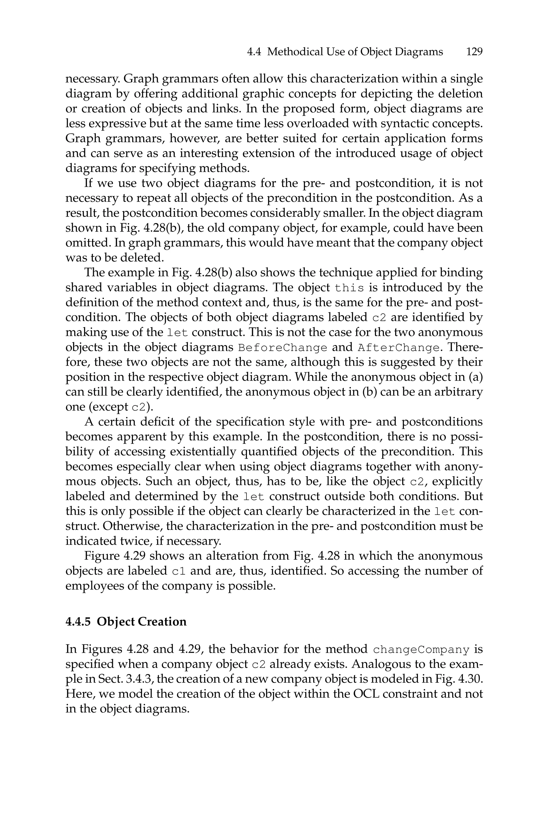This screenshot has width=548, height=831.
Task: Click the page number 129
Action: pos(474,52)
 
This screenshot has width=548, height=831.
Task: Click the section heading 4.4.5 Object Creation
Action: pos(126,621)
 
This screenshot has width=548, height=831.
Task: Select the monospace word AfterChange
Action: pos(398,348)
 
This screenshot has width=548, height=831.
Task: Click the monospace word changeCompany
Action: pos(421,650)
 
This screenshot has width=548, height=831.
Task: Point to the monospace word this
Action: pos(349,288)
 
